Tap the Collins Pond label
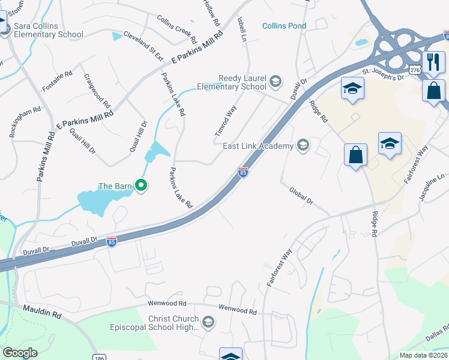pos(285,26)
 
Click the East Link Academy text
pos(258,146)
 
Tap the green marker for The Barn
pos(141,186)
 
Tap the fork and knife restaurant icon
pos(432,61)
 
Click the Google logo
pos(20,352)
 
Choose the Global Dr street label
pos(301,196)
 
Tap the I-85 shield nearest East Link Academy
pos(243,172)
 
